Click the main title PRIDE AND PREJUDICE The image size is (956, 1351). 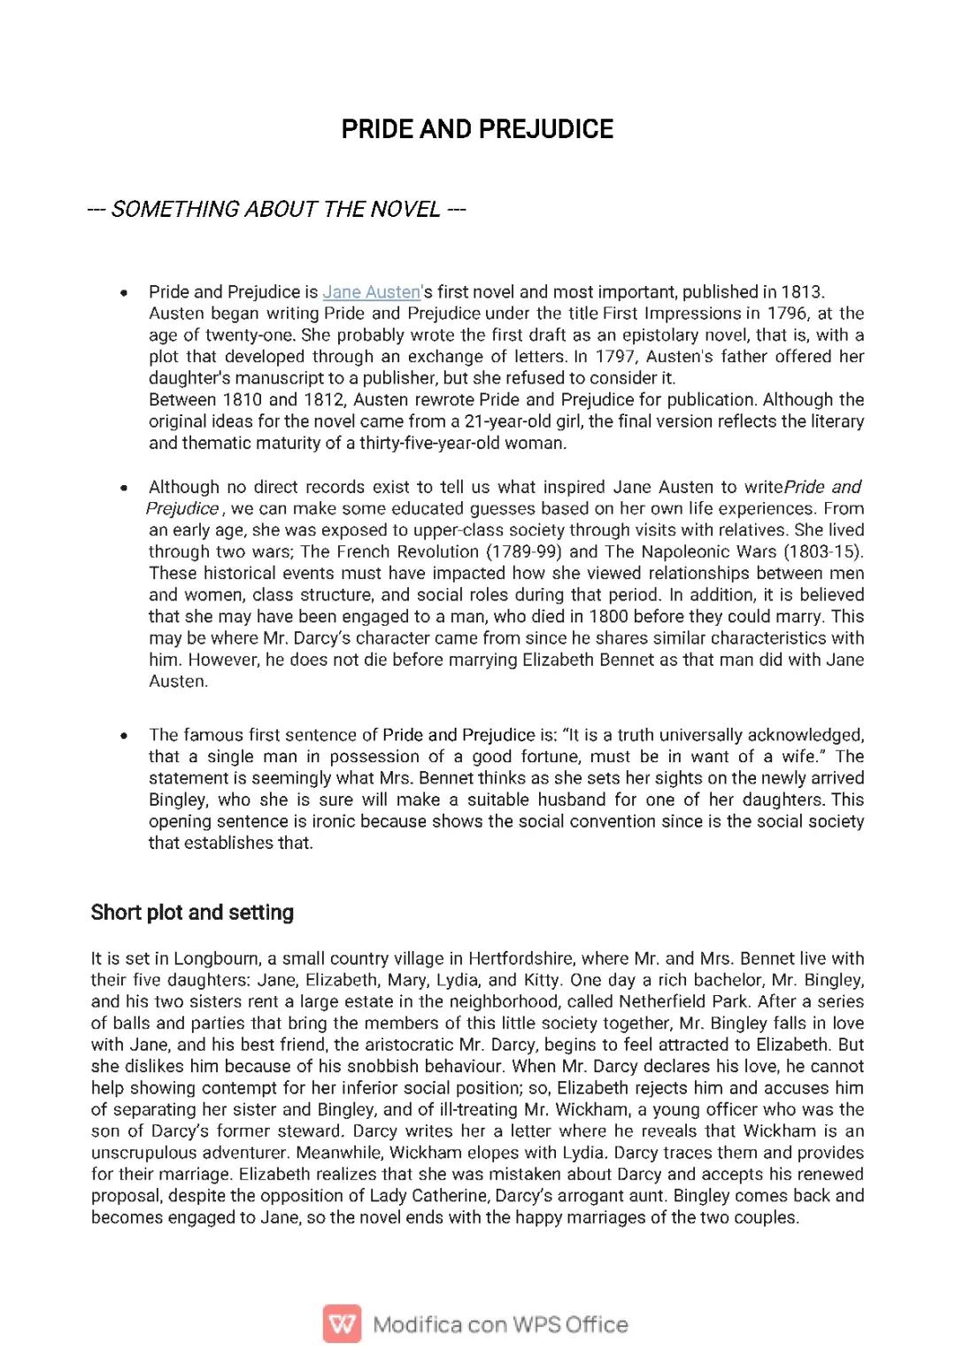pos(477,129)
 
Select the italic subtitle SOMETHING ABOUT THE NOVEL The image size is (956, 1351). pos(276,209)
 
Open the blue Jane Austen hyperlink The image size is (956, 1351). pos(371,292)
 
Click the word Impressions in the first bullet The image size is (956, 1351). pos(692,313)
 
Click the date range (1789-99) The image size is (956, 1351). pos(521,552)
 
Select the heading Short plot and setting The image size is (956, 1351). pos(192,913)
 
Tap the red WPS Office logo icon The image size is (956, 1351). pos(342,1324)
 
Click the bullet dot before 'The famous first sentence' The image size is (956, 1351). pos(124,736)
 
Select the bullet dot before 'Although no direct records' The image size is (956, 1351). pos(124,488)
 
